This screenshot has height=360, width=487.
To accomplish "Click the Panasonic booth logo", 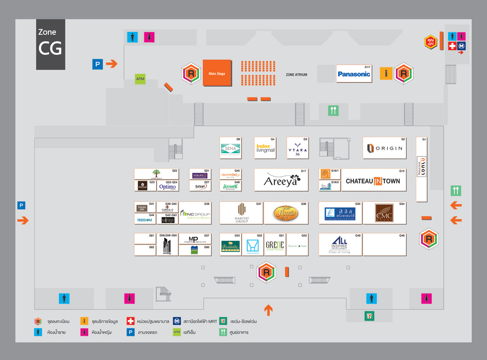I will tap(354, 74).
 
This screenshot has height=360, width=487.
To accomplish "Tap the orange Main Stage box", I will tap(217, 74).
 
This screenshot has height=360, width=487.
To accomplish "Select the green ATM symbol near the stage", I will tap(140, 79).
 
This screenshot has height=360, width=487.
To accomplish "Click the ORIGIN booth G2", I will tap(384, 148).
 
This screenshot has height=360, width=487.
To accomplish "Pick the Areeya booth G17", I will tap(281, 180).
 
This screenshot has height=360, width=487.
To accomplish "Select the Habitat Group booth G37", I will tap(241, 213).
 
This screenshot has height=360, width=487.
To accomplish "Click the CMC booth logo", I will tap(384, 213).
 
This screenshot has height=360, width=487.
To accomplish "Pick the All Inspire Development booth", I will tap(340, 245).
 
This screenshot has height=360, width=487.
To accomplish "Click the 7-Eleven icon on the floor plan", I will tap(369, 316).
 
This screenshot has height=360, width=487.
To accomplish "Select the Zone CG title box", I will tap(50, 44).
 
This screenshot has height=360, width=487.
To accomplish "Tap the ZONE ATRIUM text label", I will tap(296, 75).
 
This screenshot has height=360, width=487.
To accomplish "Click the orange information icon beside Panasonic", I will tap(386, 74).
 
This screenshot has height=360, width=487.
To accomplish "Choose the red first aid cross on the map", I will tap(452, 46).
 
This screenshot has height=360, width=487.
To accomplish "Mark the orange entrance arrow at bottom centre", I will tap(268, 310).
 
